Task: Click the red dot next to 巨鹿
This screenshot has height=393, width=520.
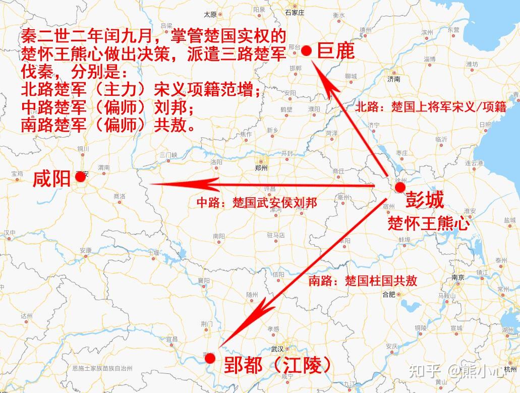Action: (x=306, y=50)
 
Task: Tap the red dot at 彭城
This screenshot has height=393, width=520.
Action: (x=400, y=188)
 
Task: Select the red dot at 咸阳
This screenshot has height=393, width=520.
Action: (x=80, y=176)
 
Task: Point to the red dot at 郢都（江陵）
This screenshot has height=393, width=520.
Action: (x=210, y=358)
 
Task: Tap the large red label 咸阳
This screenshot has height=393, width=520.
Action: (x=51, y=179)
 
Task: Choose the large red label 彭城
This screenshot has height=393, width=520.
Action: (x=425, y=200)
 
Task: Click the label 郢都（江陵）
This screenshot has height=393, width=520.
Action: (x=278, y=365)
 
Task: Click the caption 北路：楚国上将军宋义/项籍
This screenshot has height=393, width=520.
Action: (x=431, y=107)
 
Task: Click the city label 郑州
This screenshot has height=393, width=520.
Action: (x=261, y=168)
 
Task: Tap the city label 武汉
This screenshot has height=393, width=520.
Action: (x=277, y=349)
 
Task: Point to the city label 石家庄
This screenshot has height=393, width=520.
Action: (x=295, y=12)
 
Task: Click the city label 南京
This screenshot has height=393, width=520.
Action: (x=458, y=277)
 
